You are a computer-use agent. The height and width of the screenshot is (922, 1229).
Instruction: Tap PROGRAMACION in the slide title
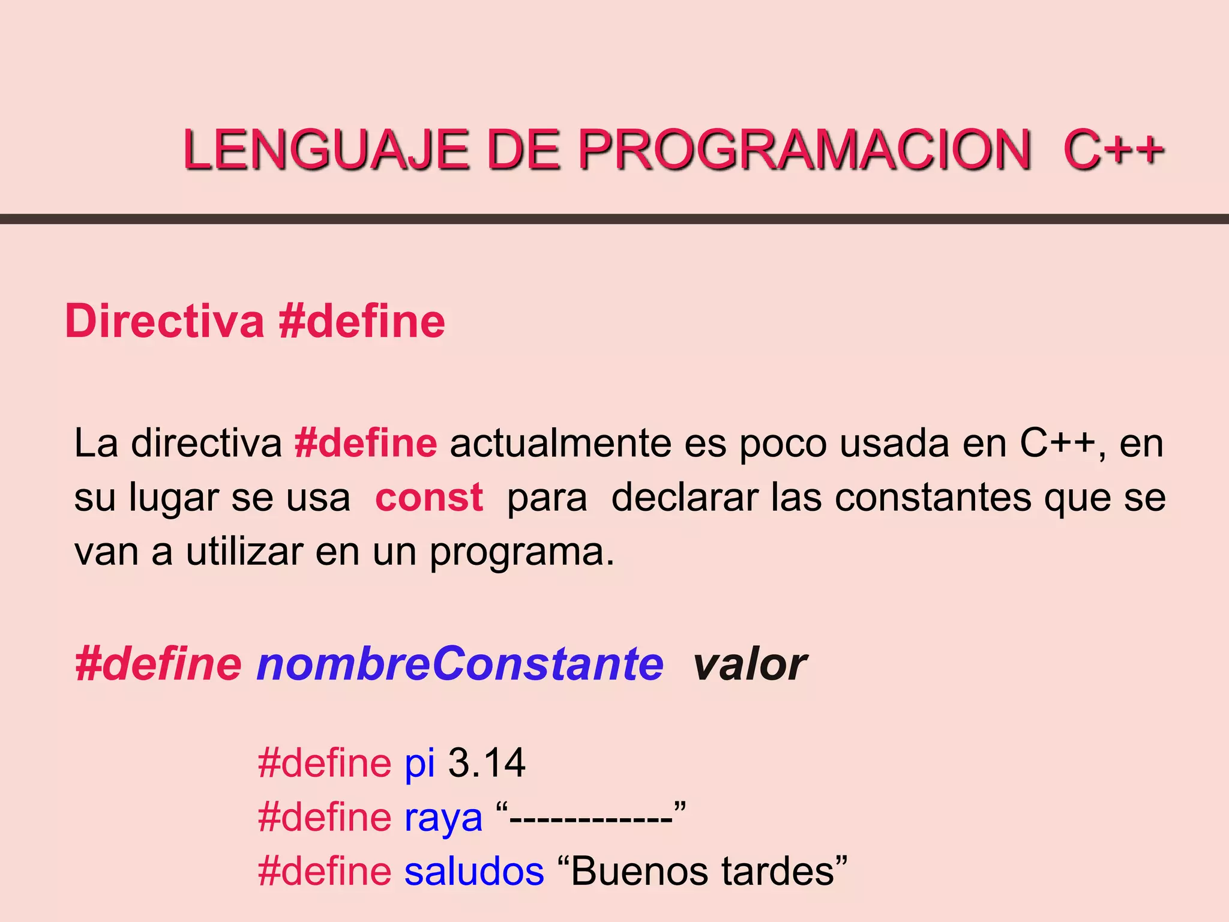point(804,150)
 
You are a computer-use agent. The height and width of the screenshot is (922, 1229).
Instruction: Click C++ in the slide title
point(1113,150)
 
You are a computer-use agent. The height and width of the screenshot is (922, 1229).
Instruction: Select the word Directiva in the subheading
point(164,322)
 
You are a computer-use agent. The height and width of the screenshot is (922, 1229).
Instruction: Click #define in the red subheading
point(362,322)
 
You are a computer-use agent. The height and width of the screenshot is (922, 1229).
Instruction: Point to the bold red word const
point(429,498)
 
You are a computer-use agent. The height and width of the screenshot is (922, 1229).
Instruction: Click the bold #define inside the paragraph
point(366,444)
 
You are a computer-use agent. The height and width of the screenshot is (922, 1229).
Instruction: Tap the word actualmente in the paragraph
point(560,444)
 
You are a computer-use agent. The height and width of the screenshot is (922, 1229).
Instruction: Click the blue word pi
point(419,764)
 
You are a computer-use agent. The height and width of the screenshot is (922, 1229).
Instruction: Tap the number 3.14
point(487,764)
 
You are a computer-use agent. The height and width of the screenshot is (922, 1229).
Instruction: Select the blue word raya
point(443,818)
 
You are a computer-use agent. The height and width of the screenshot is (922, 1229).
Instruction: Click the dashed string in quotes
point(591,818)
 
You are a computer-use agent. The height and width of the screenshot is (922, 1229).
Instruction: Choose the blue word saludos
point(474,872)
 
